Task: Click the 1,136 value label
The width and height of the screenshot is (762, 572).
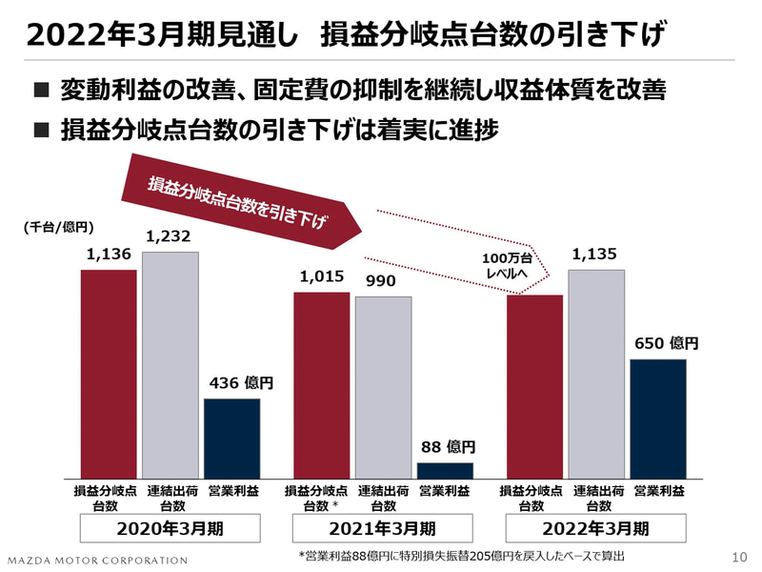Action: (108, 254)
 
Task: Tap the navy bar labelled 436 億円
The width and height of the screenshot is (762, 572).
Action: (231, 438)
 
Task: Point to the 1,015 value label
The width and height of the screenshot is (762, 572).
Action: (321, 276)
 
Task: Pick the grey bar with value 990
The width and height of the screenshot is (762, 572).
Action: (384, 387)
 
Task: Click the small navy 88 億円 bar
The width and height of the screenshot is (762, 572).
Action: (445, 470)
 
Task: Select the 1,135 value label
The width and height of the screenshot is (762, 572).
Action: (596, 254)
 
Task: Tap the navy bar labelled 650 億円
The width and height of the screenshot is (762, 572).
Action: (658, 419)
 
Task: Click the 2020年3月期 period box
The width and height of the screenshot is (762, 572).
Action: (170, 528)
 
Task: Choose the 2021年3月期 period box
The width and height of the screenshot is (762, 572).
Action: (383, 528)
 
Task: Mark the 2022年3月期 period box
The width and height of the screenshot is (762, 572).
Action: (596, 528)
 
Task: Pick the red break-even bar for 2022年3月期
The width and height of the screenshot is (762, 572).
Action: (534, 386)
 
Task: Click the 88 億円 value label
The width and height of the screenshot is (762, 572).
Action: (445, 446)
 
